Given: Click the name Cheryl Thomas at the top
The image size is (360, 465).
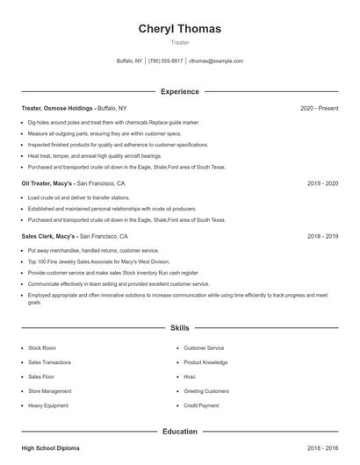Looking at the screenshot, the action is tap(179, 28).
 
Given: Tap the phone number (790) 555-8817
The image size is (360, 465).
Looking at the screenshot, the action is tap(165, 61).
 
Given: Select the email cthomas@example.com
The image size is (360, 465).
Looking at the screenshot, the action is tap(216, 61).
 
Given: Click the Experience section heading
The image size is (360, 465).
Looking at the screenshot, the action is tap(179, 91).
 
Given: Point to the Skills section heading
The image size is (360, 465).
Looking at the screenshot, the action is tap(179, 327).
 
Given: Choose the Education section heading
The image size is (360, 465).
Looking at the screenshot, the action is tap(179, 432).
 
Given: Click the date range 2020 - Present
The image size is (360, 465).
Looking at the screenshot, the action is tap(319, 108).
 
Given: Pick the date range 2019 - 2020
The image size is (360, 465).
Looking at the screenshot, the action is tap(322, 184).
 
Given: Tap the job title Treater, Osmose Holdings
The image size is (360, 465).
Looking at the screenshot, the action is tap(57, 108).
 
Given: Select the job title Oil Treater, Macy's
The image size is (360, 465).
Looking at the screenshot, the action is tap(47, 184).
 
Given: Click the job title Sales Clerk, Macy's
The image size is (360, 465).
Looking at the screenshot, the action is tap(48, 236).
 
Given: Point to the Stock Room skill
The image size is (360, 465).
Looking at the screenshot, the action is tap(41, 348).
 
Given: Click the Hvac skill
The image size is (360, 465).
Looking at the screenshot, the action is tap(190, 376).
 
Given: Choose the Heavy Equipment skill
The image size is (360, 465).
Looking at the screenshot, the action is tap(47, 405).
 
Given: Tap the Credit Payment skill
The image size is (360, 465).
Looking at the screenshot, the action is tap(202, 405).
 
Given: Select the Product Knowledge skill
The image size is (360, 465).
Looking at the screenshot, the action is tap(205, 362).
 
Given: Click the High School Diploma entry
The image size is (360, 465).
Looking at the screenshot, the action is tap(50, 448).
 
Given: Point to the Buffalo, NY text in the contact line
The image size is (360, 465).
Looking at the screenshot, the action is tap(129, 61).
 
